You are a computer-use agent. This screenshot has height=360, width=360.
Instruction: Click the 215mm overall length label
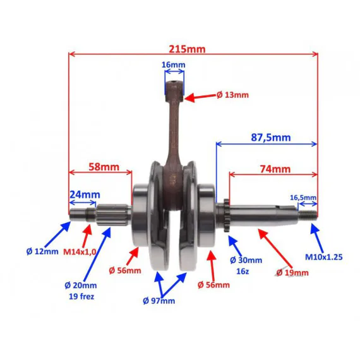tap(187, 49)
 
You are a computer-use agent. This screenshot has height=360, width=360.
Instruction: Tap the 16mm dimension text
tap(173, 65)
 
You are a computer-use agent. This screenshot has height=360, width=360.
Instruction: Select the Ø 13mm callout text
tap(232, 95)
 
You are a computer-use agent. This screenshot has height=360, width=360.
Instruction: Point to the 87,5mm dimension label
tap(271, 137)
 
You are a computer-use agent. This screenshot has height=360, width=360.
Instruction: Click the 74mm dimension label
tap(275, 169)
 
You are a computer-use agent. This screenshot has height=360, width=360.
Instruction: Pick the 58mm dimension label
tap(104, 167)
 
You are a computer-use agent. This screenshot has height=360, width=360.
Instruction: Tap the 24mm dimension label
tap(85, 195)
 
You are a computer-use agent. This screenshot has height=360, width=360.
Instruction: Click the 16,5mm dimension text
tap(303, 198)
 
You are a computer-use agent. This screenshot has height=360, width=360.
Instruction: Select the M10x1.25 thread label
tap(324, 257)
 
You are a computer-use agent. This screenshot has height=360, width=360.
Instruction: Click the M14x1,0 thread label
tap(80, 252)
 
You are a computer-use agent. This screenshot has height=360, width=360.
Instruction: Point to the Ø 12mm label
tap(42, 251)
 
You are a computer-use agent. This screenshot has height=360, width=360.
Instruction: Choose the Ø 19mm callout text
tap(292, 272)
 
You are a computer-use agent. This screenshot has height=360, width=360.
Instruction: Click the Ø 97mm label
tap(159, 301)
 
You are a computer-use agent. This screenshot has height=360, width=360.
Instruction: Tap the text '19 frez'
tap(81, 296)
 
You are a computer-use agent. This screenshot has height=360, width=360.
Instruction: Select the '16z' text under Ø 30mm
tap(243, 272)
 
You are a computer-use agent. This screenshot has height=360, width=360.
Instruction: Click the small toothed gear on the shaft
tap(227, 215)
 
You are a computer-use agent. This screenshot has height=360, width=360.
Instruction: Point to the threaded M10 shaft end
tap(308, 215)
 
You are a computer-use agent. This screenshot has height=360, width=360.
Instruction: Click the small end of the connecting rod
tap(174, 91)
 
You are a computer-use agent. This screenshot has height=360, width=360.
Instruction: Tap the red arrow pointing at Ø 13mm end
tap(200, 97)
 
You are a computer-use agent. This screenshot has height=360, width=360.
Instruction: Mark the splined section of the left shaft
tap(112, 215)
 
